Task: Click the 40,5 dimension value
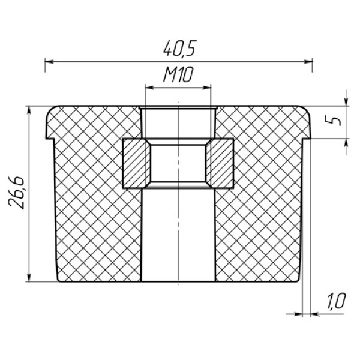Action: tap(180, 49)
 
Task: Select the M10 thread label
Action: tap(178, 74)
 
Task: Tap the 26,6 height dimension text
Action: tap(16, 193)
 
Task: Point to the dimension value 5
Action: tap(332, 121)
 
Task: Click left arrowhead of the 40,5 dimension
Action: tap(49, 62)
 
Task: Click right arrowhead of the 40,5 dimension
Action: tap(308, 62)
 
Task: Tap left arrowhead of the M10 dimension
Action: tap(150, 88)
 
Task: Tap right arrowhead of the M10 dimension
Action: tap(206, 88)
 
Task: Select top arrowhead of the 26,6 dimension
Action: tap(29, 110)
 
